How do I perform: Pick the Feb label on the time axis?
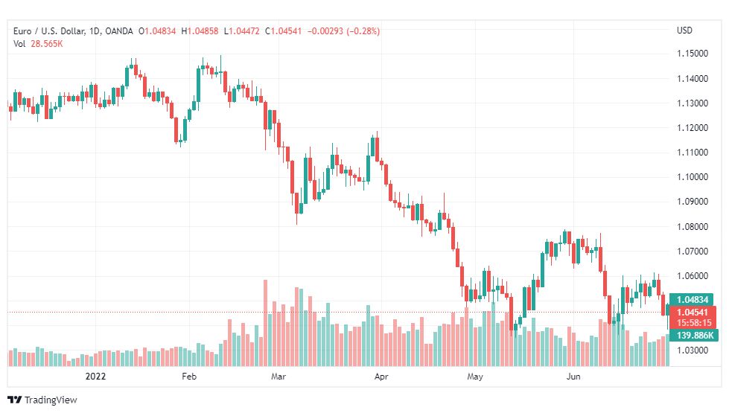point(188,377)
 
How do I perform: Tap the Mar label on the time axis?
point(278,377)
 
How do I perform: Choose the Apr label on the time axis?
point(381,377)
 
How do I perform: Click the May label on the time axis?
point(475,377)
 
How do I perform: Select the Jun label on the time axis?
point(573,377)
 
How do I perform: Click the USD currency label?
point(684,31)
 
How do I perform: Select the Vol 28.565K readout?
point(38,44)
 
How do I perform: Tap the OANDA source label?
point(119,31)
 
